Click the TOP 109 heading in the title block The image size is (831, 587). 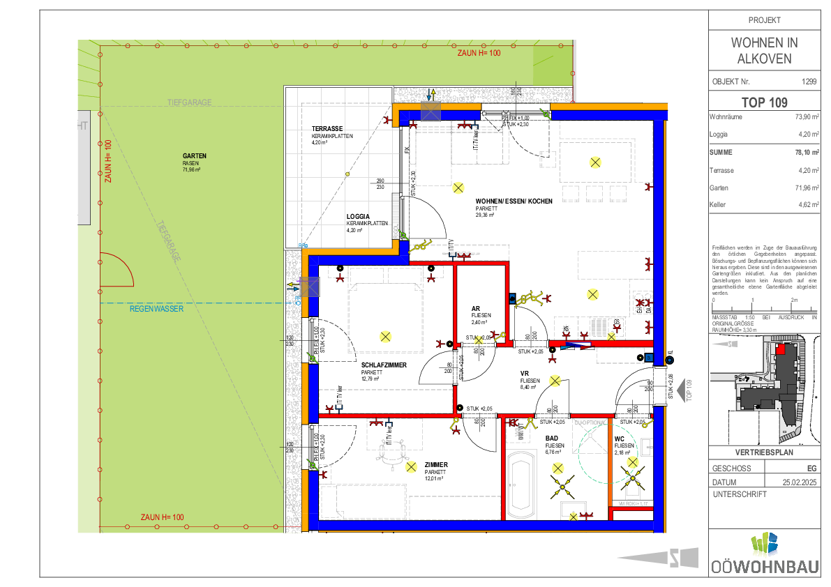(764, 102)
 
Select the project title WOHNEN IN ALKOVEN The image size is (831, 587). (764, 50)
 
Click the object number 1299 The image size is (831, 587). (809, 81)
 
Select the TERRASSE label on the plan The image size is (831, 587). (327, 129)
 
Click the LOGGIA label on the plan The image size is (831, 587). (358, 216)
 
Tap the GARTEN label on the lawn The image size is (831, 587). (195, 156)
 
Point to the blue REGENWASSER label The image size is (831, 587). (156, 309)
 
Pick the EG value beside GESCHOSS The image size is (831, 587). (811, 468)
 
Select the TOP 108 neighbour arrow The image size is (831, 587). (684, 391)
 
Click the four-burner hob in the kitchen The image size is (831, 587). (642, 303)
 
